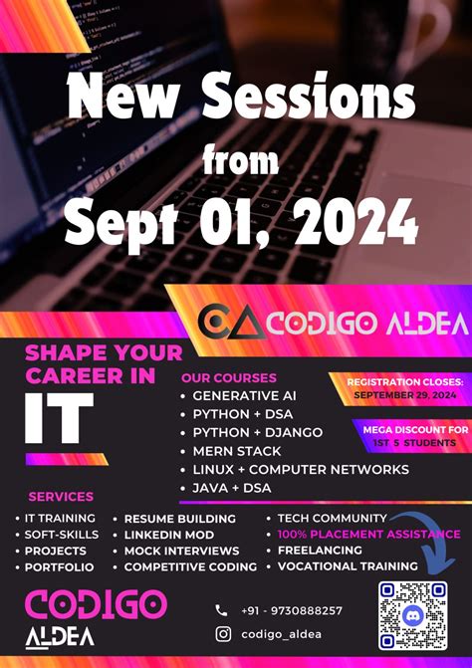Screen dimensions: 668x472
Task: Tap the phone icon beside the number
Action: tap(221, 610)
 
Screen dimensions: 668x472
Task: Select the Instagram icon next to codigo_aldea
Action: tap(223, 634)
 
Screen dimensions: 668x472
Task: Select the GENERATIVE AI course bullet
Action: tap(244, 395)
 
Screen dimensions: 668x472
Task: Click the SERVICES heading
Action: tap(61, 497)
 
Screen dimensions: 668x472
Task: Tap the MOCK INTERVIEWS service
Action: tap(181, 551)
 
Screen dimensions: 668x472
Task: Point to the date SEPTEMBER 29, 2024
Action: tap(402, 395)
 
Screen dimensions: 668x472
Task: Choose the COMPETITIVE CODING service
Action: tap(190, 566)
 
